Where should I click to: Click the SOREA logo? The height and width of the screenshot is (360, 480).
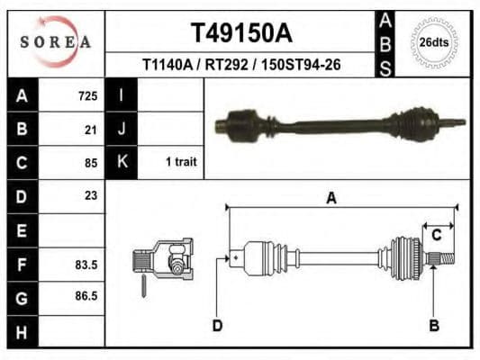(x=56, y=41)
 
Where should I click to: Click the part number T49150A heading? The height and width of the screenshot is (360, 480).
(x=240, y=33)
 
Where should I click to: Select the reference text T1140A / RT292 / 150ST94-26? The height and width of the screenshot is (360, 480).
(x=240, y=65)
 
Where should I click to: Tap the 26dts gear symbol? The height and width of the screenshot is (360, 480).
(x=434, y=42)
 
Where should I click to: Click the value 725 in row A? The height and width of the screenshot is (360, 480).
(x=88, y=95)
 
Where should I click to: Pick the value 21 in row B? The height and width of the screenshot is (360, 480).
(x=91, y=130)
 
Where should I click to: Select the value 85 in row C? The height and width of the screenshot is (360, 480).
(x=91, y=163)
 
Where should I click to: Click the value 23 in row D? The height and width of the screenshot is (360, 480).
(x=91, y=195)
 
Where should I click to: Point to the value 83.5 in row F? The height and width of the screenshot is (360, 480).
(x=86, y=265)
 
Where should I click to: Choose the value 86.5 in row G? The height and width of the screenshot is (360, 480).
(x=86, y=295)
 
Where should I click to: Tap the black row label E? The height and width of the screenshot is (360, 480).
(x=23, y=230)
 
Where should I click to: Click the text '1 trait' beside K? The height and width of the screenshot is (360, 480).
(x=181, y=163)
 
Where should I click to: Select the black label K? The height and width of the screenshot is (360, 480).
(x=122, y=163)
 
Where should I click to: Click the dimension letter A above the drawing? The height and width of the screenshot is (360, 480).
(x=331, y=199)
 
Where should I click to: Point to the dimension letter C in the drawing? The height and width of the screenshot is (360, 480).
(x=436, y=236)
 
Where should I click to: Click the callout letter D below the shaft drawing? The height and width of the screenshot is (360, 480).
(x=217, y=325)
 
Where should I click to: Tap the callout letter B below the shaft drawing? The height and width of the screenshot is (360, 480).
(x=434, y=325)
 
